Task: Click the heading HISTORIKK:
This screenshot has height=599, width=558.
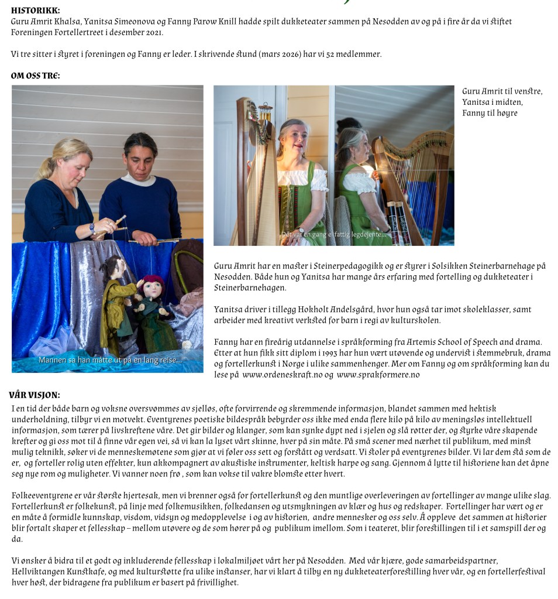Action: pyautogui.click(x=35, y=11)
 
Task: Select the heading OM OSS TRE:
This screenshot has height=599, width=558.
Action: pyautogui.click(x=35, y=76)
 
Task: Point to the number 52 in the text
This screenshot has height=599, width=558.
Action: pyautogui.click(x=318, y=54)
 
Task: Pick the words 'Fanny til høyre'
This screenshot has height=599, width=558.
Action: pyautogui.click(x=490, y=113)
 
